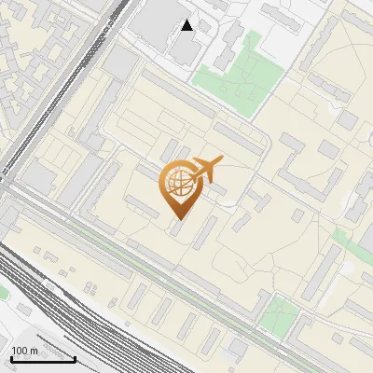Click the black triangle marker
coord(187,25)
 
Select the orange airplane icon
coord(206,170)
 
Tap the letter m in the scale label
coord(34,351)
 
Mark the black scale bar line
coord(42,359)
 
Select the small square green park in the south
coord(278,317)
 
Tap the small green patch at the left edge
coord(4,292)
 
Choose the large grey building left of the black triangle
coord(159,19)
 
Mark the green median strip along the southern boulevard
coord(186,270)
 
